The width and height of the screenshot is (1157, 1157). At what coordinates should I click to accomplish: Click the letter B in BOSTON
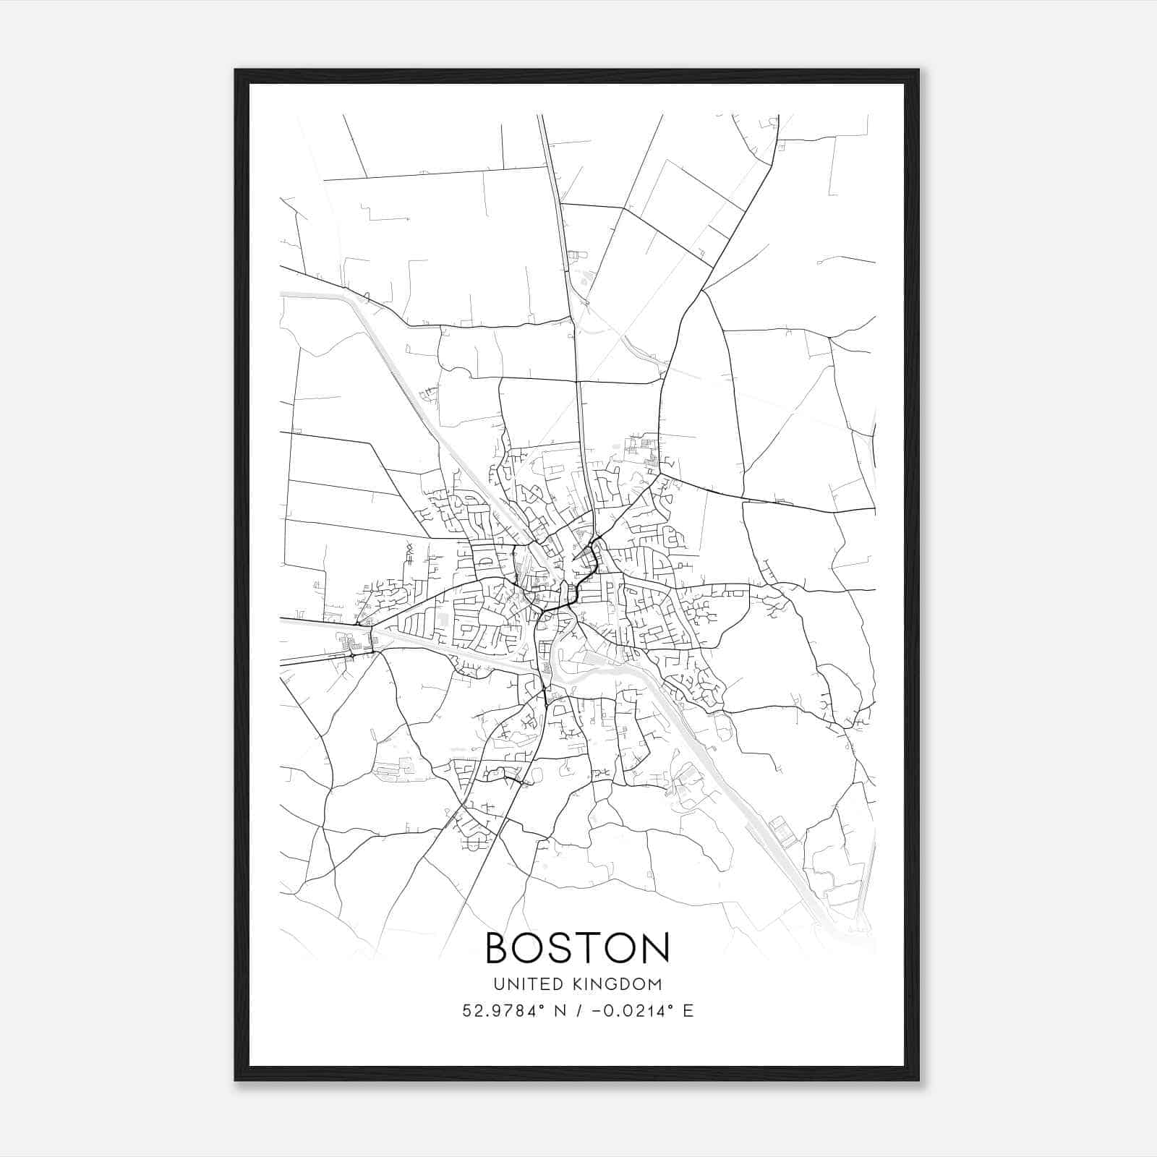500,948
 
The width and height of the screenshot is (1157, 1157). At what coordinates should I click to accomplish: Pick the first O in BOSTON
533,948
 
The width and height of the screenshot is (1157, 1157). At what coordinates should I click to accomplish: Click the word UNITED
523,984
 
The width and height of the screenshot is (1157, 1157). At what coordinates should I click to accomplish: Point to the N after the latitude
559,1011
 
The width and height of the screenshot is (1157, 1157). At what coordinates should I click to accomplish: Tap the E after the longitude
688,1011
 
